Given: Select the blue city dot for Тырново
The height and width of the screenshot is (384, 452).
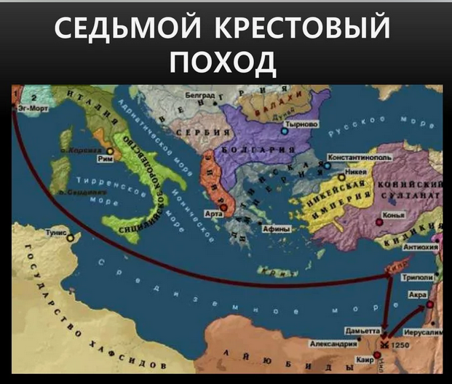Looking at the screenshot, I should coord(285,131).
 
